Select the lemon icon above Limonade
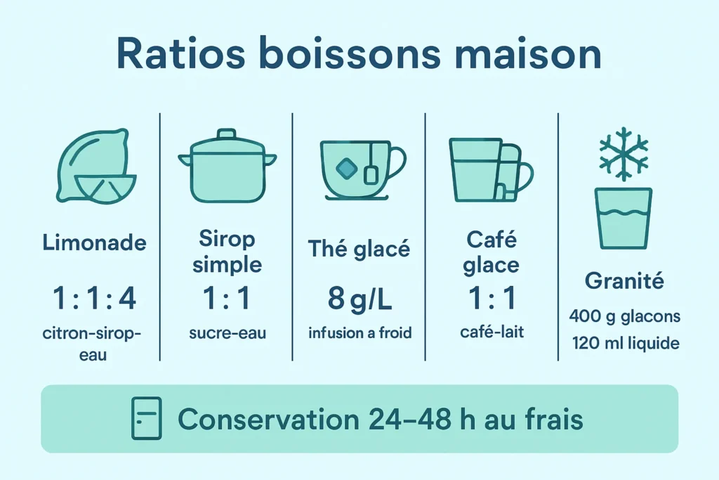coord(93,167)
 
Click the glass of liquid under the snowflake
coord(624,218)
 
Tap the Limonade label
coord(95,243)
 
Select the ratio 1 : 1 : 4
coord(95,298)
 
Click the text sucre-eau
coord(227,333)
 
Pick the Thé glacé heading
coord(359,248)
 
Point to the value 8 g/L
coord(359,299)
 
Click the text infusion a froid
coord(359,332)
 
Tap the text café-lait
coord(492,332)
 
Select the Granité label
coord(624,282)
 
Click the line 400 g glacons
coord(624,316)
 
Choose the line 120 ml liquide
coord(624,344)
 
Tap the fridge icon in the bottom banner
coord(147,418)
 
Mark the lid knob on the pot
coord(226,134)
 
